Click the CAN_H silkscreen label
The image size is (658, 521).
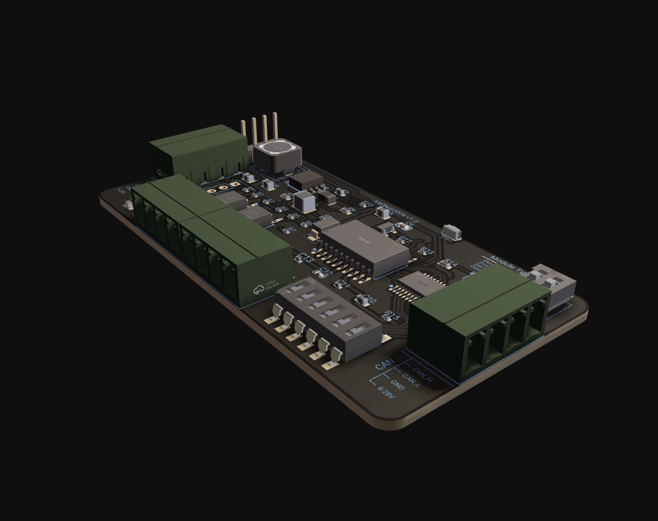click(x=422, y=376)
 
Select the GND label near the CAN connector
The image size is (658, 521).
click(x=397, y=385)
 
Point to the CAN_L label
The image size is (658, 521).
click(x=411, y=381)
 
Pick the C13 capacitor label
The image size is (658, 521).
click(x=305, y=259)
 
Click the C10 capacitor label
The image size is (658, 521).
click(x=369, y=300)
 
